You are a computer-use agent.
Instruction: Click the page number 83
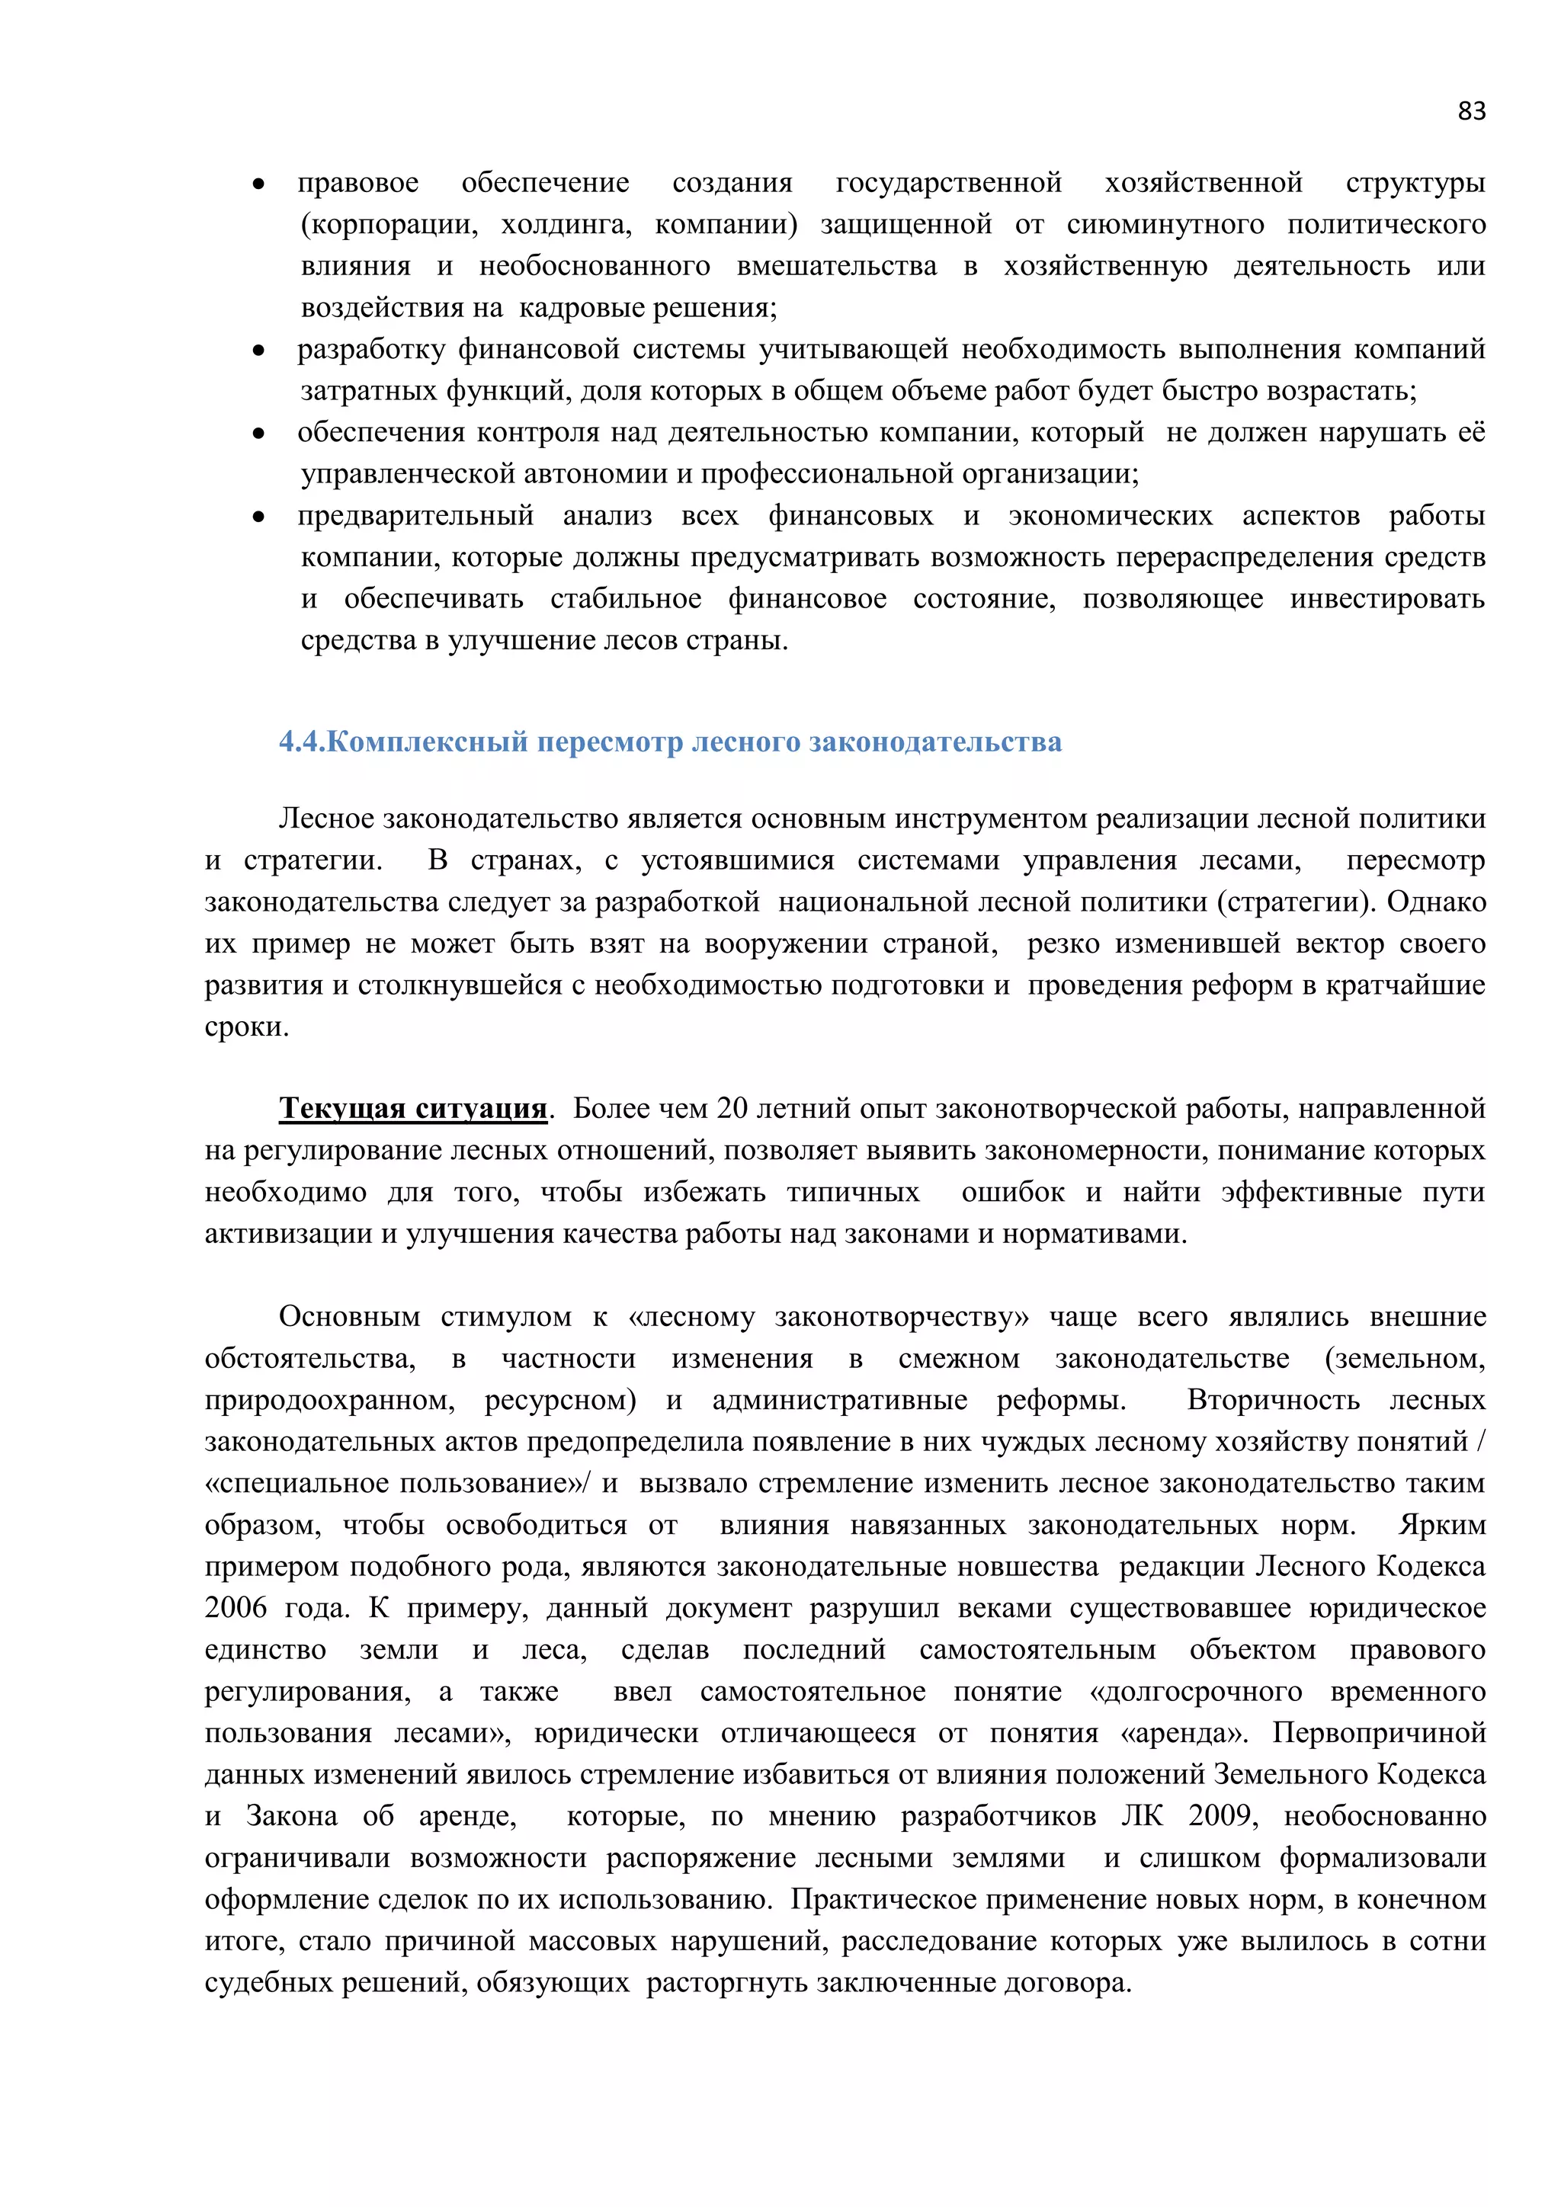tap(1470, 111)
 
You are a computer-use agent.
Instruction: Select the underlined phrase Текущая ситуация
tap(413, 1110)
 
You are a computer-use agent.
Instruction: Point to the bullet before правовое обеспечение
tap(258, 184)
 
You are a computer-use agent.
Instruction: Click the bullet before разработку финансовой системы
tap(258, 351)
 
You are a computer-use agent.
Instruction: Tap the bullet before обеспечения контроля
tap(258, 434)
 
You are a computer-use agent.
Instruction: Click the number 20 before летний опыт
tap(732, 1110)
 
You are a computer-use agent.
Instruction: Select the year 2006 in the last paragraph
tap(236, 1608)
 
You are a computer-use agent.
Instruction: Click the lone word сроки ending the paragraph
tap(246, 1027)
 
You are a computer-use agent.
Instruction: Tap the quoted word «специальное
tap(298, 1483)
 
